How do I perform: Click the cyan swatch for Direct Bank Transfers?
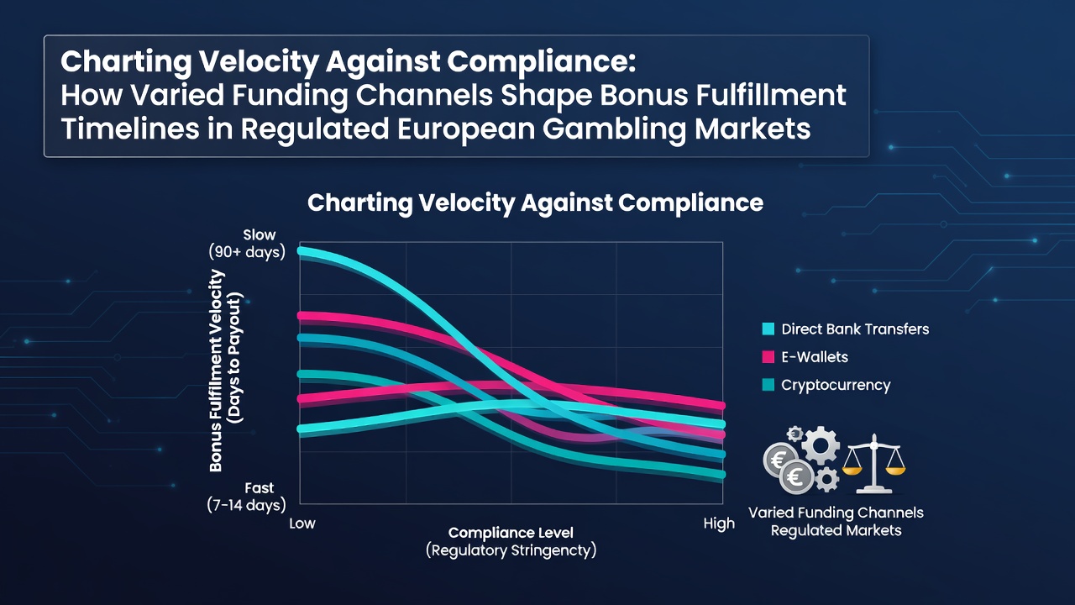coord(768,329)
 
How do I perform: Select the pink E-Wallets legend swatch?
coord(768,357)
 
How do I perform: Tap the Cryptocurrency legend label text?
coord(836,385)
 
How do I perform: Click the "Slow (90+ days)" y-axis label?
coord(247,244)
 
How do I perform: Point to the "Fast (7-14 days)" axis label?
coord(247,497)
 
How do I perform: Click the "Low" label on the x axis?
coord(302,523)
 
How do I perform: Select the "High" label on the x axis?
coord(719,523)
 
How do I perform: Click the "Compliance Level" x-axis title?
coord(511,533)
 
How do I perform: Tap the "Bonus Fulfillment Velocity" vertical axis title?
coord(217,371)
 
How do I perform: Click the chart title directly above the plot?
coord(535,203)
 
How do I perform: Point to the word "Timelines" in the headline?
coord(129,129)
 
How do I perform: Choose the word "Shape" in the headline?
coord(546,96)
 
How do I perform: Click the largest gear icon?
coord(821,445)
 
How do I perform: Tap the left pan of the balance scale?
coord(852,470)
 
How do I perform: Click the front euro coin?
coord(796,476)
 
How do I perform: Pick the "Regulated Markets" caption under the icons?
coord(836,530)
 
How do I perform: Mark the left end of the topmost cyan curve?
coord(301,250)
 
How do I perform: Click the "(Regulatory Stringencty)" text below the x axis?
coord(511,550)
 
